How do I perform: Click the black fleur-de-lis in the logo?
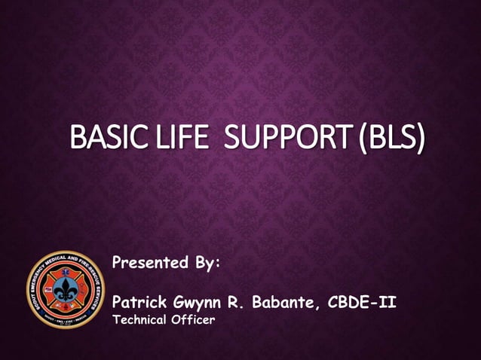[x=66, y=289]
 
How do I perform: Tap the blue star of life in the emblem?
[x=65, y=272]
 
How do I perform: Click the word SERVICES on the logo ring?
[x=96, y=298]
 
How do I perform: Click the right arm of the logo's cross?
[x=84, y=289]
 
